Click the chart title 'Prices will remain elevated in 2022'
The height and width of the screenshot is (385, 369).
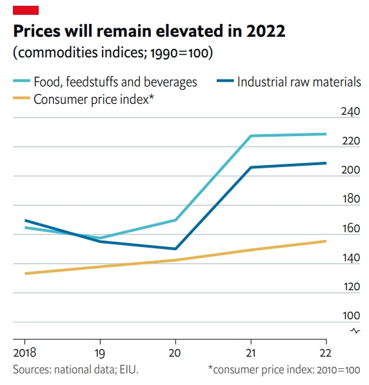(x=149, y=31)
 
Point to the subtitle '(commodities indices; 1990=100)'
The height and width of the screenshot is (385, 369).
(x=113, y=52)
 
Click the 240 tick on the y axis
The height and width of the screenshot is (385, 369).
(x=350, y=112)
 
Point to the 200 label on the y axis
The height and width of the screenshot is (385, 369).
(x=350, y=170)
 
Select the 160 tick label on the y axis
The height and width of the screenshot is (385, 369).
(x=350, y=229)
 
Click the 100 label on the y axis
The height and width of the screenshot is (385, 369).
(x=350, y=316)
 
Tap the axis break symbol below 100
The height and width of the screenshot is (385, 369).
(x=354, y=331)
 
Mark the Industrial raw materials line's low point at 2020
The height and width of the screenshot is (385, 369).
(x=175, y=249)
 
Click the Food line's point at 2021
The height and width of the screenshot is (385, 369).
(x=250, y=136)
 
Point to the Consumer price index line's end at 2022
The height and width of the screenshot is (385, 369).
(x=326, y=241)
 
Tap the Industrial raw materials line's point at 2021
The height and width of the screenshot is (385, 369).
(x=250, y=168)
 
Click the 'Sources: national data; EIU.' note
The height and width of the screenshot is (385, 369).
(x=75, y=370)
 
